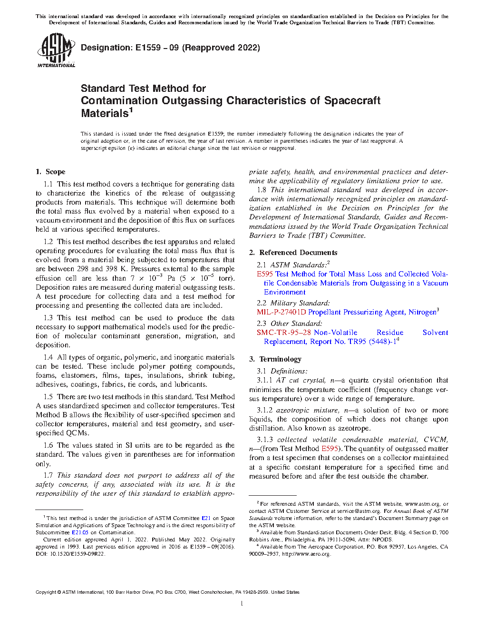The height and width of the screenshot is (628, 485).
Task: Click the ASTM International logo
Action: click(56, 50)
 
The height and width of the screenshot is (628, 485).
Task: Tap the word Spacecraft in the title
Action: click(352, 101)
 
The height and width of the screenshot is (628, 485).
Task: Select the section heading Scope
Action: click(56, 172)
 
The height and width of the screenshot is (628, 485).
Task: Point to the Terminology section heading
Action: click(280, 359)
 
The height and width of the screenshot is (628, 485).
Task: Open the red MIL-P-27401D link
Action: click(281, 313)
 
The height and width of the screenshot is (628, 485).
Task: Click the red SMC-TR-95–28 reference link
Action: click(284, 333)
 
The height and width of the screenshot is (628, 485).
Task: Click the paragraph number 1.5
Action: click(48, 397)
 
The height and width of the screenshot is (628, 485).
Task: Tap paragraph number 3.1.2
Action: click(264, 410)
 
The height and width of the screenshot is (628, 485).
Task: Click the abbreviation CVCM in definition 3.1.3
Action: click(436, 440)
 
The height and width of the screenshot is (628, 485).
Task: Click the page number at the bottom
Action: click(242, 603)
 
